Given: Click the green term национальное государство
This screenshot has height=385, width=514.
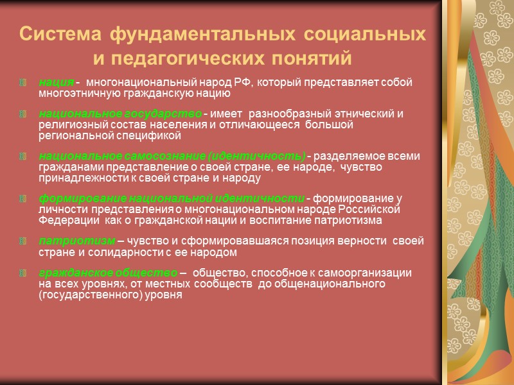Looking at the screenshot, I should (x=120, y=114).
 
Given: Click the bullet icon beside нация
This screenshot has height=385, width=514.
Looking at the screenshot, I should (x=24, y=83).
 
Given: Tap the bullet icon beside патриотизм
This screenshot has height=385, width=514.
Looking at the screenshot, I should (x=24, y=241).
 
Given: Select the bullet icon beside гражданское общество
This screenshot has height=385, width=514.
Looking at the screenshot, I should (x=24, y=273).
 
